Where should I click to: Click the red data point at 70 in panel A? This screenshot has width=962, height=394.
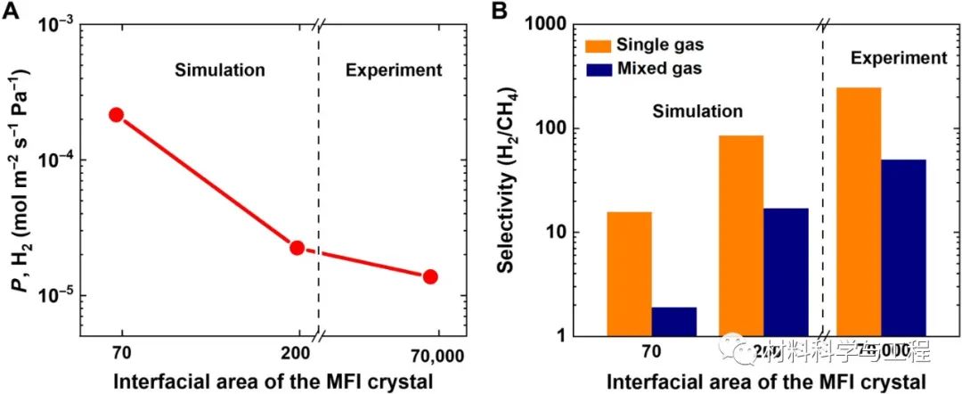(116, 115)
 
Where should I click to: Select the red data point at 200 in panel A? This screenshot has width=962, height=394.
(298, 247)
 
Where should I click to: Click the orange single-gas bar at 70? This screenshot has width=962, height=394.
(629, 274)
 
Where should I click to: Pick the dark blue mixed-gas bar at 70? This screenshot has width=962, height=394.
(673, 321)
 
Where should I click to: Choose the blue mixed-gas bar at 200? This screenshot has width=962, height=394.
(786, 272)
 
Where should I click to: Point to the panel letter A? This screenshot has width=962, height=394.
(12, 11)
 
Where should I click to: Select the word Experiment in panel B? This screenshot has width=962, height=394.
(898, 59)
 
